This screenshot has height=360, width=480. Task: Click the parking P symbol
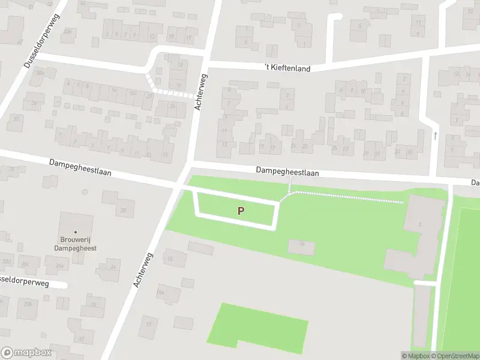241,211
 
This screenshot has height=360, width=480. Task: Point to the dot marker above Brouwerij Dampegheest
75,232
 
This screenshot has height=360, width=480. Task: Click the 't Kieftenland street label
288,68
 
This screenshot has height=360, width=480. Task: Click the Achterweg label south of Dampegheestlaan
144,269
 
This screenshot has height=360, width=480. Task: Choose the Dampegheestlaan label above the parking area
287,172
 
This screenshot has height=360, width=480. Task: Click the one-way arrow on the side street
436,136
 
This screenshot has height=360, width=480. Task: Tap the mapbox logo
26,353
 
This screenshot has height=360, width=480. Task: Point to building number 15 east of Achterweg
170,259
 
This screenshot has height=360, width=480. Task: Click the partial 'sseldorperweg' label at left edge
30,281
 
